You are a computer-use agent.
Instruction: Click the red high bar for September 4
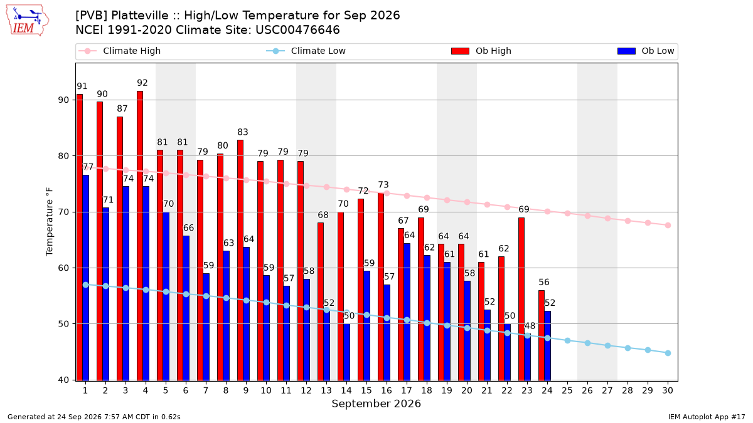[x=140, y=236]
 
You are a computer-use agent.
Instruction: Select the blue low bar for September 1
[x=86, y=278]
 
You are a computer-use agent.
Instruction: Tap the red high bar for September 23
[x=521, y=299]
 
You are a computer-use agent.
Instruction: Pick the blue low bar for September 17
[x=407, y=312]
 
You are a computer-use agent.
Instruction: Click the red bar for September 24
[x=542, y=335]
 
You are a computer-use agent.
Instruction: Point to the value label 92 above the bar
[x=142, y=83]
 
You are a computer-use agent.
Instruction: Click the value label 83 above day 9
[x=243, y=132]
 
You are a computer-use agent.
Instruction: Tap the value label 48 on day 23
[x=530, y=326]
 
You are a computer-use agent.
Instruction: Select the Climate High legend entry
[x=120, y=51]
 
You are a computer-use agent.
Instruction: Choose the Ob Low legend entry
[x=646, y=51]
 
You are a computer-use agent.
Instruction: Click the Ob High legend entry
[x=481, y=51]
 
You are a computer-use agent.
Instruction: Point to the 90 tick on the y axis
[x=63, y=100]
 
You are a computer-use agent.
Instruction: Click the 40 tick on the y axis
[x=63, y=380]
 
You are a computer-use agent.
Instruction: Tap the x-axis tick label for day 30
[x=668, y=390]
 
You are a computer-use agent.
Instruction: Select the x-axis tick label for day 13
[x=326, y=390]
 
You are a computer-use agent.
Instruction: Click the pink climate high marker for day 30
[x=668, y=225]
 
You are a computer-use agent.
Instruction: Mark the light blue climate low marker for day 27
[x=607, y=345]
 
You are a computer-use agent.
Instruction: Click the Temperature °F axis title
[x=50, y=222]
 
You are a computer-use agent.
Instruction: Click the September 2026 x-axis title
[x=376, y=404]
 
